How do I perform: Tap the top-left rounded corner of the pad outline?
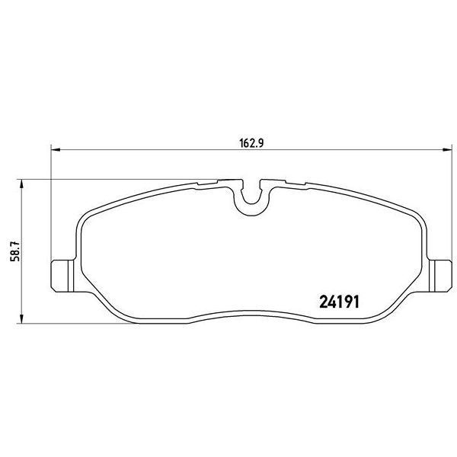(x=83, y=221)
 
